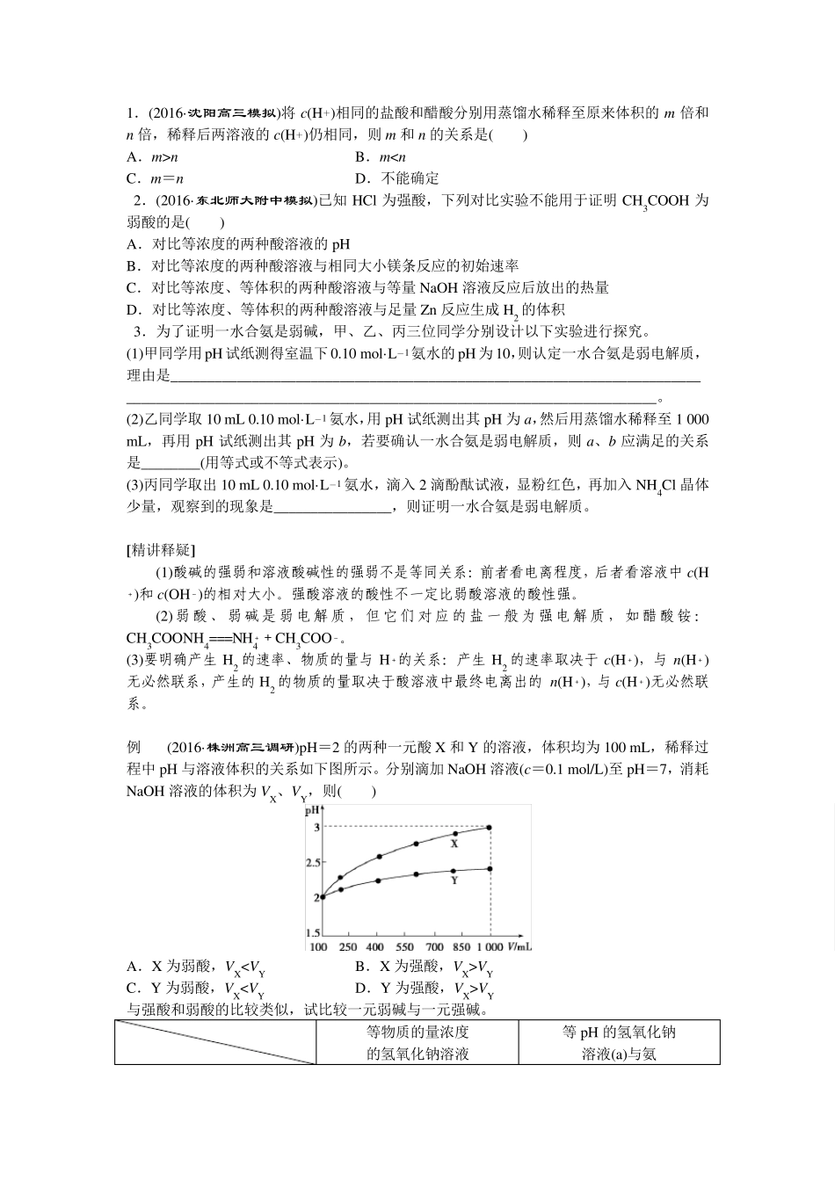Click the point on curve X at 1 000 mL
(489, 827)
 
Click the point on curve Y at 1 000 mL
(489, 868)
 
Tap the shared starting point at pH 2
(322, 896)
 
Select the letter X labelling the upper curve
(454, 844)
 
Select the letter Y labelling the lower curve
(454, 880)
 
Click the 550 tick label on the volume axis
(404, 947)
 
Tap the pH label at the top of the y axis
(312, 812)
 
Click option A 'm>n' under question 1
(152, 156)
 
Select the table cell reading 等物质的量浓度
(417, 1032)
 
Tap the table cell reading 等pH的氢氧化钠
(619, 1032)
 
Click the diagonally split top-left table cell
(214, 1042)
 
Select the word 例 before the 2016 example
(134, 748)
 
